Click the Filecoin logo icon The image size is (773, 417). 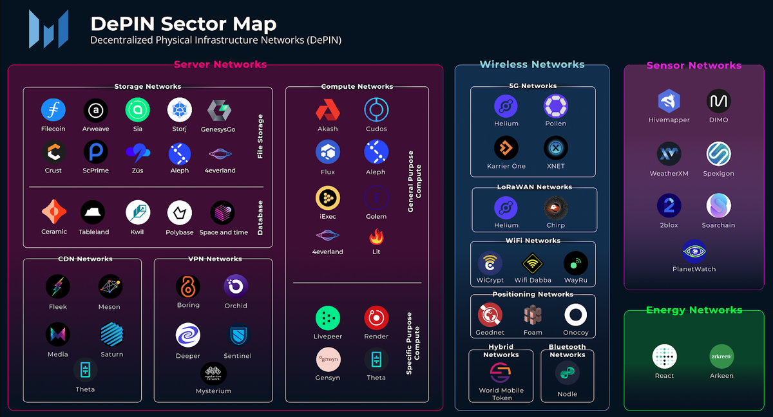(53, 110)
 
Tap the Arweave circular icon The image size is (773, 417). (96, 111)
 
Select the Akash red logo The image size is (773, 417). (327, 111)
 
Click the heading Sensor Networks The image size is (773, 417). (694, 66)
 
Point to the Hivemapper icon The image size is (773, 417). (669, 102)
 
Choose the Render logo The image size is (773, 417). (376, 318)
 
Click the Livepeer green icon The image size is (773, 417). (327, 318)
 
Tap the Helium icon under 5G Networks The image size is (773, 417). (506, 106)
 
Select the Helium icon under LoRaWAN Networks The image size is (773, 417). (506, 208)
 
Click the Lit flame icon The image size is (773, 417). (376, 237)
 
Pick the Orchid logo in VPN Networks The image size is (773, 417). (236, 286)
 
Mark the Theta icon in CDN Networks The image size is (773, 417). (85, 370)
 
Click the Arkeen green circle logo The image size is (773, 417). (721, 357)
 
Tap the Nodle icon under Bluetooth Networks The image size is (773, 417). (568, 374)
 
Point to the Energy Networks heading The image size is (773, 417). (694, 310)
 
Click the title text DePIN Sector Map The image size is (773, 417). (184, 24)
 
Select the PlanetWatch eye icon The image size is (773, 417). (694, 251)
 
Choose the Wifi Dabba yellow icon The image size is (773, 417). (533, 263)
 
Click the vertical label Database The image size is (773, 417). (261, 218)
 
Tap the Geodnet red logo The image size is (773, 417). (490, 315)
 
